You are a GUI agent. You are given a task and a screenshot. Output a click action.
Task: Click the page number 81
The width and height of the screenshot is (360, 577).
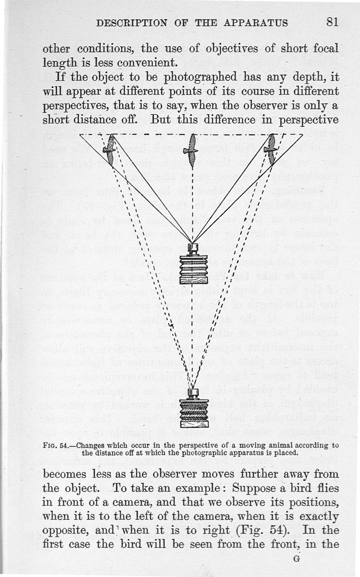(x=332, y=22)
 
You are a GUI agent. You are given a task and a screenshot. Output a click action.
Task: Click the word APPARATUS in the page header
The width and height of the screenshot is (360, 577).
(x=256, y=23)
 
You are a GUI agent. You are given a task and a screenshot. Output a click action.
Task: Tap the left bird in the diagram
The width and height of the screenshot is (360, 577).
(x=110, y=150)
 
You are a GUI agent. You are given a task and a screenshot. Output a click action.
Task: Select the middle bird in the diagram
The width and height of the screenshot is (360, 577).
(x=191, y=151)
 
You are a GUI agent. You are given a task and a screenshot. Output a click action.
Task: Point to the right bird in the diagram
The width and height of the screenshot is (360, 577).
(x=271, y=150)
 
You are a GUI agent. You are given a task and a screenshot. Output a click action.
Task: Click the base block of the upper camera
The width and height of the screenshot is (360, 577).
(x=193, y=281)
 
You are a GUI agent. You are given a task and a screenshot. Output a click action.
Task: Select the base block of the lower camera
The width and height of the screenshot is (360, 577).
(x=194, y=424)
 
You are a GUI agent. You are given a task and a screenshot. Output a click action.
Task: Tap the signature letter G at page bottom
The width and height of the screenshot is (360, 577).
(x=297, y=559)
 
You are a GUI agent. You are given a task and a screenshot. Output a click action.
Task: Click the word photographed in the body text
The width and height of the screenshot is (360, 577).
(x=200, y=77)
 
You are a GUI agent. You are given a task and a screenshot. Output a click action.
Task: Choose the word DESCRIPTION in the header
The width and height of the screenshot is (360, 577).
(x=132, y=23)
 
